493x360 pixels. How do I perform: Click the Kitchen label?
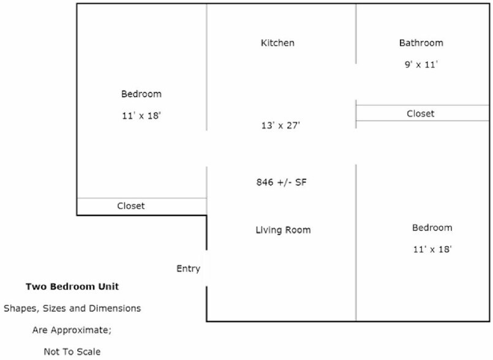(277, 43)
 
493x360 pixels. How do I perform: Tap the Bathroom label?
(421, 43)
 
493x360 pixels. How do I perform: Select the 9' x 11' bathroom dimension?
(421, 64)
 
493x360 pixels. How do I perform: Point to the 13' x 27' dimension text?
(280, 126)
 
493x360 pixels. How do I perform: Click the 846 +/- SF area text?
(281, 182)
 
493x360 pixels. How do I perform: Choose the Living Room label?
(284, 230)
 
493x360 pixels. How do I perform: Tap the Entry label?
(189, 269)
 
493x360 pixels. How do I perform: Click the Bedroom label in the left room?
(141, 94)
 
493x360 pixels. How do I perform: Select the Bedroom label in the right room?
(432, 228)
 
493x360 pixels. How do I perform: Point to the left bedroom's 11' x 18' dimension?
(141, 116)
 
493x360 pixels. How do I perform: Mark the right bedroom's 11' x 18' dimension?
(432, 249)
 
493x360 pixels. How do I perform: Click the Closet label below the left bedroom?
(131, 206)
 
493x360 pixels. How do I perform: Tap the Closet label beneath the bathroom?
(420, 113)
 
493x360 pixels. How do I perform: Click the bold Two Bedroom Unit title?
(72, 287)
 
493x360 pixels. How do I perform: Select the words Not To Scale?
(72, 351)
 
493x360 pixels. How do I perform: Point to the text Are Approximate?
(72, 330)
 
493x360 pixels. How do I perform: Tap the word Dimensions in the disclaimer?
(115, 309)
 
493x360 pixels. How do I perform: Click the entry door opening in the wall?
(206, 268)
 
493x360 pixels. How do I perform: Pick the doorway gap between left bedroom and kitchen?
(206, 149)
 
